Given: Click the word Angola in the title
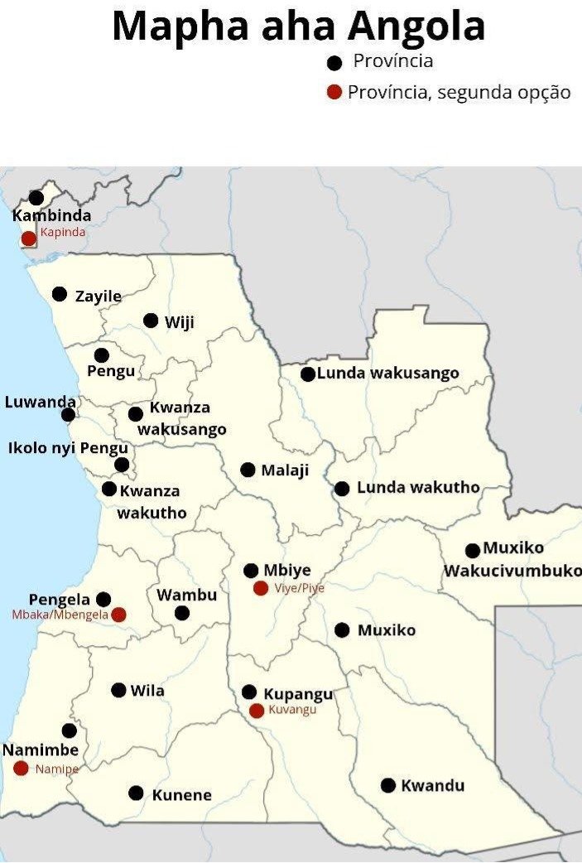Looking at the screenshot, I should pyautogui.click(x=416, y=27).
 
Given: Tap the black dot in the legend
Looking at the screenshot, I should pyautogui.click(x=334, y=63).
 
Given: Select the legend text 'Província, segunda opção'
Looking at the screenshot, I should pyautogui.click(x=459, y=92).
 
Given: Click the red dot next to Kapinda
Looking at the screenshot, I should pyautogui.click(x=28, y=239).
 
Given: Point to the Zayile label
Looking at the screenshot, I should pyautogui.click(x=98, y=296).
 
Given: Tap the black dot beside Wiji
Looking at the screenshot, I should pyautogui.click(x=151, y=321).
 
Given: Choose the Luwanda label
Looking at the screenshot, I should pyautogui.click(x=40, y=403).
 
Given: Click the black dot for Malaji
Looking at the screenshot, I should pyautogui.click(x=248, y=470).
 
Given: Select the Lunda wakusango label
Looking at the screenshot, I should pyautogui.click(x=387, y=373).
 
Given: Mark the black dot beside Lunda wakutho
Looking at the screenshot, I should pyautogui.click(x=342, y=489).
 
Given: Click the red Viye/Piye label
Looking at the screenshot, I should pyautogui.click(x=299, y=588).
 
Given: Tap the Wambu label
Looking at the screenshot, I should pyautogui.click(x=186, y=595).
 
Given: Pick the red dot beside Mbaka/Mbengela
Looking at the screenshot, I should pyautogui.click(x=118, y=615).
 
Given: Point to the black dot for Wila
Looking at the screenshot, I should pyautogui.click(x=118, y=690).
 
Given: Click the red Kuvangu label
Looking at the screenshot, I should pyautogui.click(x=292, y=710).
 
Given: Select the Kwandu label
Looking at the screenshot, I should pyautogui.click(x=432, y=785).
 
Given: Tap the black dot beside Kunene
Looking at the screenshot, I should pyautogui.click(x=137, y=793).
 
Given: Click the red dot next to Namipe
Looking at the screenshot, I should pyautogui.click(x=21, y=769).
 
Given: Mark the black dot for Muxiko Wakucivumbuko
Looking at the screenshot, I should pyautogui.click(x=473, y=551).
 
